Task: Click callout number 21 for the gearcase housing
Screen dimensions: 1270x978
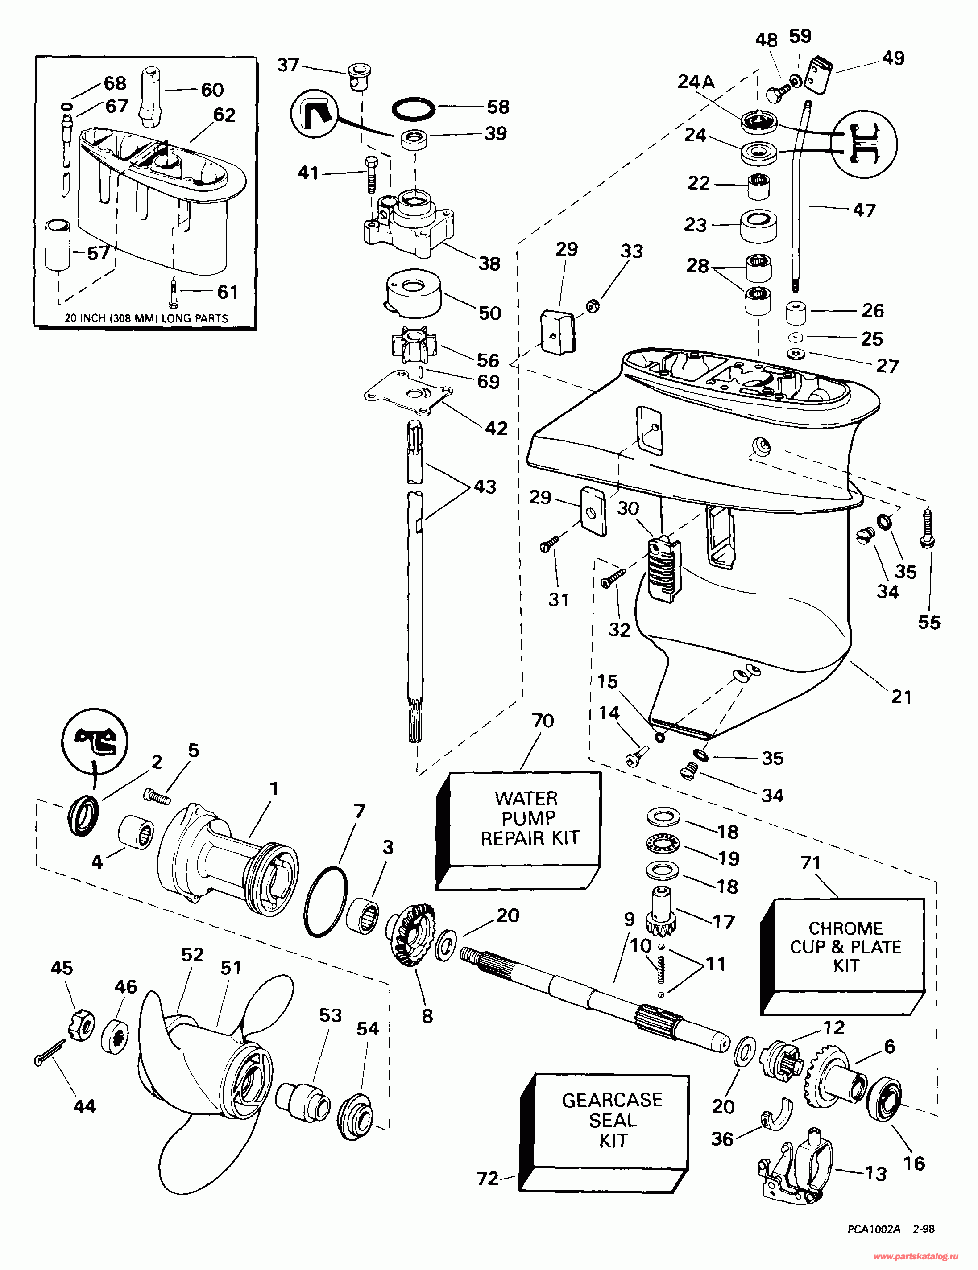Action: pyautogui.click(x=901, y=697)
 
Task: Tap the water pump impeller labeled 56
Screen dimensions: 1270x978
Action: pyautogui.click(x=410, y=346)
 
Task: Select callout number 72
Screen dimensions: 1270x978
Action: pyautogui.click(x=488, y=1179)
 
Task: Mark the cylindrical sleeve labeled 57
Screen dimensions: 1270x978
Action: pyautogui.click(x=58, y=245)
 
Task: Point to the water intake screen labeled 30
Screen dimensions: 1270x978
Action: pyautogui.click(x=663, y=570)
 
